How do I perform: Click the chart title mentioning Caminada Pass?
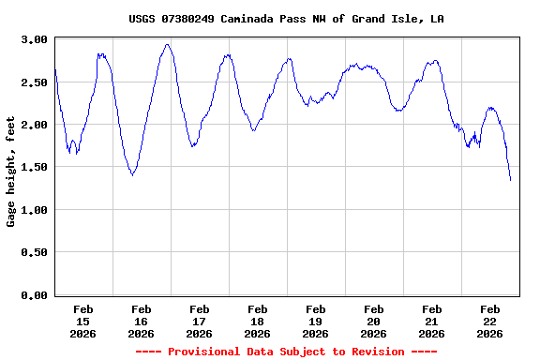(x=286, y=19)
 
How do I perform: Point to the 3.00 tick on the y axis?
(x=35, y=39)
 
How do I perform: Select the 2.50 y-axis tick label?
(x=35, y=82)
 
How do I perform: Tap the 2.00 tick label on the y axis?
(x=35, y=125)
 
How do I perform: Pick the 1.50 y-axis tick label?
(x=35, y=167)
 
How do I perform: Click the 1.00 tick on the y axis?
(x=35, y=210)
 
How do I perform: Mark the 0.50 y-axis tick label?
(x=35, y=252)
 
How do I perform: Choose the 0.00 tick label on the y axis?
(x=35, y=295)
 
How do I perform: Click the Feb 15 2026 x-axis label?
(x=83, y=321)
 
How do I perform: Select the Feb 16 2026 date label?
(x=142, y=321)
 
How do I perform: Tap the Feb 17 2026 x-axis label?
(x=200, y=321)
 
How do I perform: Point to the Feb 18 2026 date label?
(x=258, y=321)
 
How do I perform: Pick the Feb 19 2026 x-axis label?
(x=316, y=321)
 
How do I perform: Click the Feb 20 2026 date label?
(x=374, y=321)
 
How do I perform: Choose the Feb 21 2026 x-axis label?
(x=432, y=321)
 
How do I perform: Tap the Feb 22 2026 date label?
(x=490, y=321)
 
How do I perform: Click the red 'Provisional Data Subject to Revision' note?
(x=286, y=352)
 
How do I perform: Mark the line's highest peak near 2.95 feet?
(x=167, y=44)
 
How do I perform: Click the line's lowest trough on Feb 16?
(x=132, y=175)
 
